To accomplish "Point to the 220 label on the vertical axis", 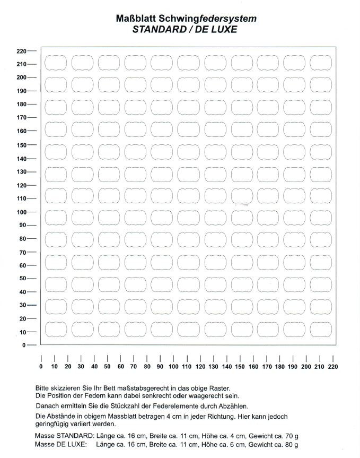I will [22, 51].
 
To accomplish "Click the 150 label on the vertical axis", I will [22, 145].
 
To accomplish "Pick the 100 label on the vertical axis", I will [22, 212].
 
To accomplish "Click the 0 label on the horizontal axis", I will [41, 367].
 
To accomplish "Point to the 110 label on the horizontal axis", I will [187, 367].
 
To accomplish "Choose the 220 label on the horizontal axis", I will [332, 367].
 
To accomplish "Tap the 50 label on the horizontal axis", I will [107, 367].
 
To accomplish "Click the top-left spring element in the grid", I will [55, 63].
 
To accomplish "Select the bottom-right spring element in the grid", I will [320, 330].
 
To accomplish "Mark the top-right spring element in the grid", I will [320, 63].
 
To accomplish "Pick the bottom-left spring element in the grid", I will [55, 330].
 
